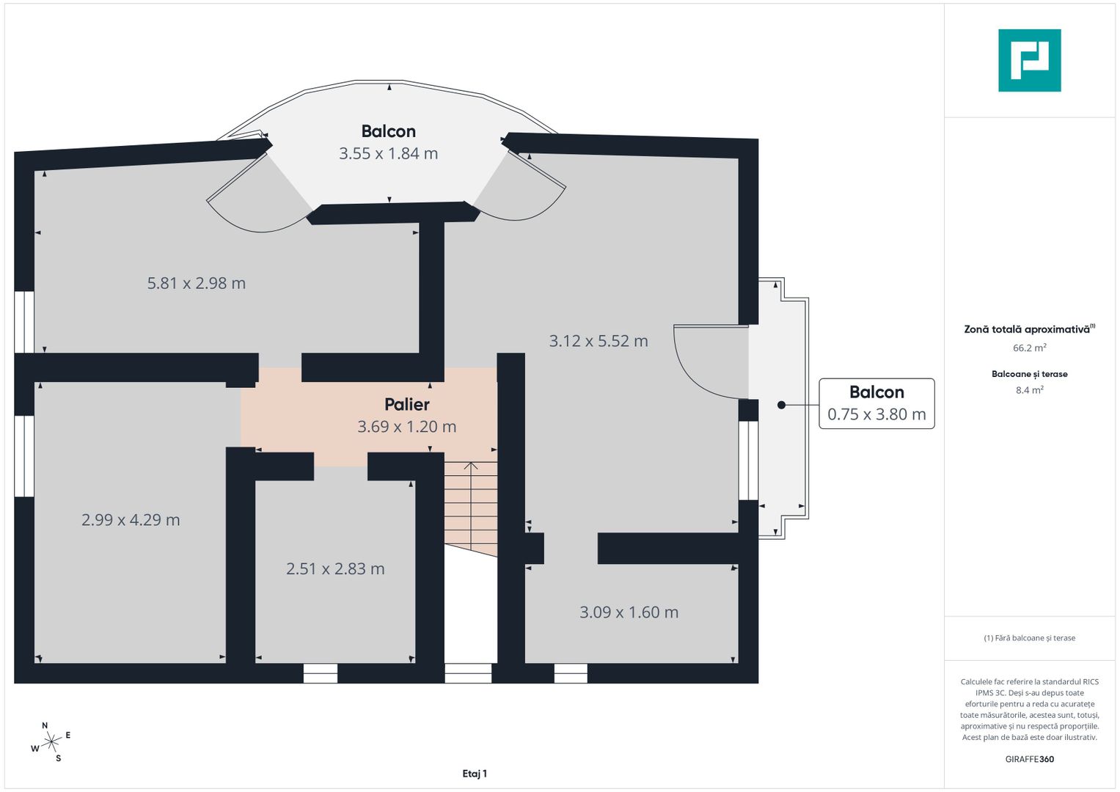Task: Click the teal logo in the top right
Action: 1029,60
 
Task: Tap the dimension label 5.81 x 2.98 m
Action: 197,283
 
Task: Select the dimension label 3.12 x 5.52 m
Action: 599,341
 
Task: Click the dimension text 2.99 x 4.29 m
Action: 131,520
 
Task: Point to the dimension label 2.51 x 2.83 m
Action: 335,569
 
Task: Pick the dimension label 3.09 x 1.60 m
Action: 629,612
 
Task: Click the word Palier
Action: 407,404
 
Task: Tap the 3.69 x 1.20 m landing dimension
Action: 407,427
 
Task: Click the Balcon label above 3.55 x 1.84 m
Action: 388,131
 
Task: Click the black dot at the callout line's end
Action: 782,405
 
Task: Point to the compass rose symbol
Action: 51,743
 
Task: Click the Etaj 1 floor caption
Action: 475,774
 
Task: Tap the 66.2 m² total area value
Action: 1029,348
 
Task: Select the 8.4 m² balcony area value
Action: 1029,390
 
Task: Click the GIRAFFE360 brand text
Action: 1029,759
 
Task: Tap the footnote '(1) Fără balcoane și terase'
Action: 1029,638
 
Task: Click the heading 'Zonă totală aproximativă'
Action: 1027,329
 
